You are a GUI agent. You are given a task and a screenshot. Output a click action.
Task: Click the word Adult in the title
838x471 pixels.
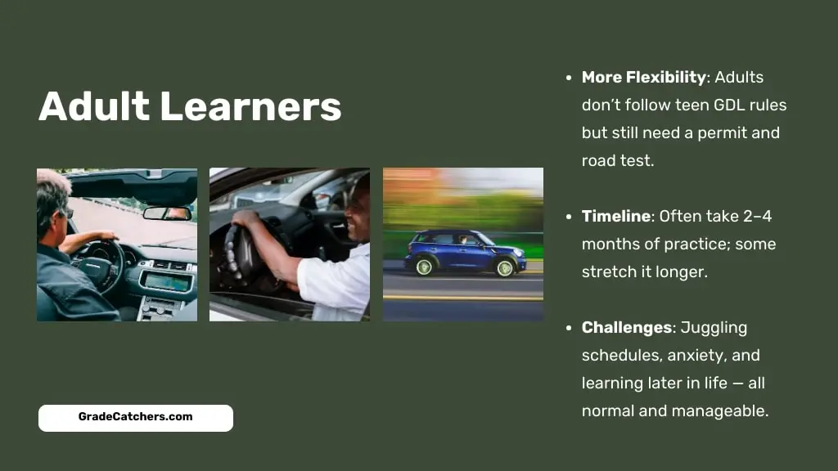pos(94,106)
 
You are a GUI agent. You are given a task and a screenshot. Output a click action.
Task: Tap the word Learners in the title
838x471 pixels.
pos(250,106)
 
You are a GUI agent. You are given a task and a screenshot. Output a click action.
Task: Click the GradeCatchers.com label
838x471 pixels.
pos(136,417)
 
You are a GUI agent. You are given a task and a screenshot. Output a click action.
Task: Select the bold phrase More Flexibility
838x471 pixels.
pos(644,78)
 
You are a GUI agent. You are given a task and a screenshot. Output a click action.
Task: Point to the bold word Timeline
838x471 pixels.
pos(616,216)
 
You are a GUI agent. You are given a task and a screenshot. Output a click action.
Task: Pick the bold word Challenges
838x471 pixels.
pos(627,327)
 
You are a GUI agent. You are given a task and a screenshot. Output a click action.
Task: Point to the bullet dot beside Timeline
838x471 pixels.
pos(569,217)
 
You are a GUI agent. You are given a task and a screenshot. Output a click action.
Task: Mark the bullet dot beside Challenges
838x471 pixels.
pos(569,328)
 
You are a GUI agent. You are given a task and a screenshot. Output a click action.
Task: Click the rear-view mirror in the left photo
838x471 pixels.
pos(167,213)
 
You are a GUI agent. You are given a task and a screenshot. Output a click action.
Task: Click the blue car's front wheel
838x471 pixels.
pos(504,267)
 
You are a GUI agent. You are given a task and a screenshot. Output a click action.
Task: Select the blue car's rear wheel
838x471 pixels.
pos(425,267)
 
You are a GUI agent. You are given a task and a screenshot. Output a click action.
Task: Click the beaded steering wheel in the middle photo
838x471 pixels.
pos(241,256)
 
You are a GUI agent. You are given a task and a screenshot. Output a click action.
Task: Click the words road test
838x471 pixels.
pos(618,161)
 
